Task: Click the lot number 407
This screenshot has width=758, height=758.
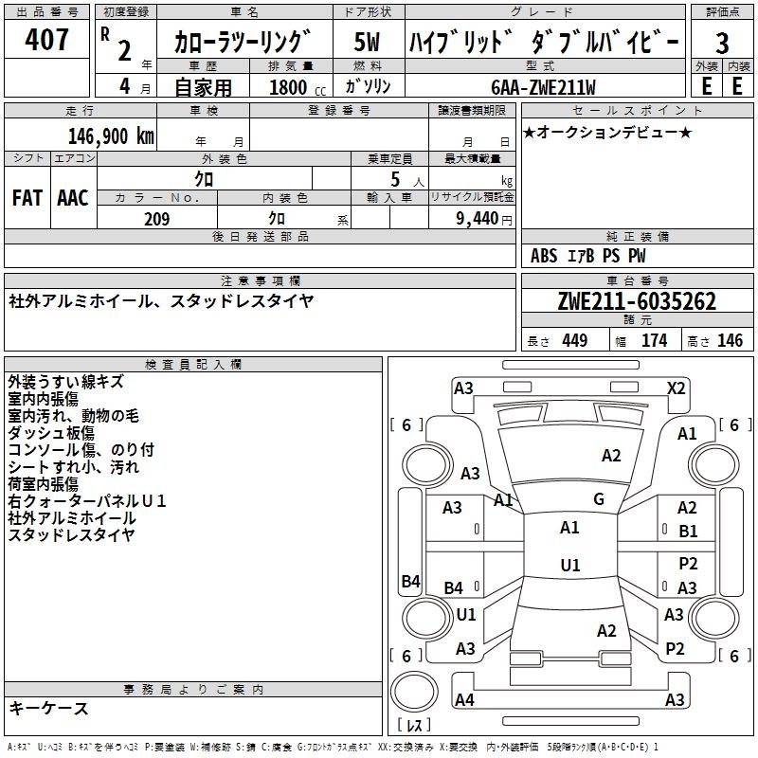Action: pyautogui.click(x=47, y=40)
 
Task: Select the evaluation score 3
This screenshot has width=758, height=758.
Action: pyautogui.click(x=722, y=43)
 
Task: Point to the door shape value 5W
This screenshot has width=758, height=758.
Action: pyautogui.click(x=367, y=43)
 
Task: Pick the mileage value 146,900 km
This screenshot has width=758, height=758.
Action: pyautogui.click(x=110, y=135)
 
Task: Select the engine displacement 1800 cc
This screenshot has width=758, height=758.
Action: pyautogui.click(x=289, y=87)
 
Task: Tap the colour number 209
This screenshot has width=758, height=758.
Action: pyautogui.click(x=156, y=219)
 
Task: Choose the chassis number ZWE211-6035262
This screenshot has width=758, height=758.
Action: pyautogui.click(x=637, y=301)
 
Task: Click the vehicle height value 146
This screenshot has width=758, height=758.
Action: pyautogui.click(x=730, y=341)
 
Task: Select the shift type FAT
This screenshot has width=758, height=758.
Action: pyautogui.click(x=27, y=197)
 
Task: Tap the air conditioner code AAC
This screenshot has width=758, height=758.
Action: pyautogui.click(x=72, y=197)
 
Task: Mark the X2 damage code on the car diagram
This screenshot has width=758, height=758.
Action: pyautogui.click(x=676, y=388)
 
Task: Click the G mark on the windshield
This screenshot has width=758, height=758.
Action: pyautogui.click(x=599, y=499)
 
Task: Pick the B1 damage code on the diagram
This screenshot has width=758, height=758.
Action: pyautogui.click(x=688, y=532)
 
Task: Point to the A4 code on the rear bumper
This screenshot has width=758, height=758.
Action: pyautogui.click(x=464, y=700)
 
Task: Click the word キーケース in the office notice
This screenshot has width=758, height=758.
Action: pyautogui.click(x=48, y=708)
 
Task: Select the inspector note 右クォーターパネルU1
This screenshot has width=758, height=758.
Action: pyautogui.click(x=87, y=501)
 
